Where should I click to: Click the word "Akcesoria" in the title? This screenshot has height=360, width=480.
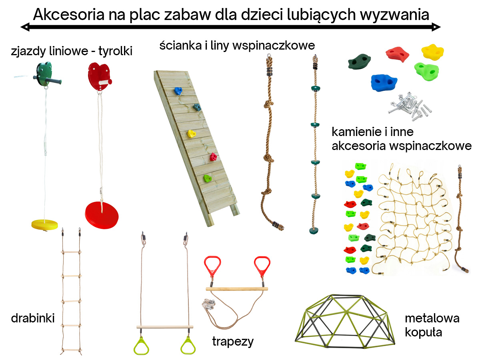coord(69,15)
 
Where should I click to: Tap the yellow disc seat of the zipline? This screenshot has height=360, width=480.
coord(45,225)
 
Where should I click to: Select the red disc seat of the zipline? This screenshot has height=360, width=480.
coord(102,215)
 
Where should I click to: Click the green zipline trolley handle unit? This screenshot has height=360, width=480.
coord(46,74)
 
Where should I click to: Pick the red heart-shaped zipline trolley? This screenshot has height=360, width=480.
coord(100,76)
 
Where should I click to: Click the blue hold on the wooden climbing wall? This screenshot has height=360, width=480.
coord(178,91)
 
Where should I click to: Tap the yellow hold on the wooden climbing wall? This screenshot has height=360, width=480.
coord(191,134)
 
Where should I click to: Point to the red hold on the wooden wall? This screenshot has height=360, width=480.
coord(213,157)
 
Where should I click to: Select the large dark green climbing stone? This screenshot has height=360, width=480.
coord(360,62)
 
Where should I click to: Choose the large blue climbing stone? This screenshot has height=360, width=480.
coord(384,83)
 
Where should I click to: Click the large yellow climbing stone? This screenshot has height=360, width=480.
coord(432,52)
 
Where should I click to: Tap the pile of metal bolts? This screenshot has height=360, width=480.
coord(409,106)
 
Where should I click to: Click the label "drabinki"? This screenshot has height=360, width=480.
coord(33,318)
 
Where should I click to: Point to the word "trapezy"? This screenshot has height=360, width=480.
coord(233,342)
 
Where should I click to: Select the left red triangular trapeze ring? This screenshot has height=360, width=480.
coord(212,266)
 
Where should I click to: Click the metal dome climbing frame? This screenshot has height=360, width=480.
coord(345,321)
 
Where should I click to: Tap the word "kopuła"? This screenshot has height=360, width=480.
coord(423,333)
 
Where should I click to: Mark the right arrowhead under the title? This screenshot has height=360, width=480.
coord(436,27)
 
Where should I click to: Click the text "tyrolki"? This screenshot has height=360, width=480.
coord(116,51)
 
